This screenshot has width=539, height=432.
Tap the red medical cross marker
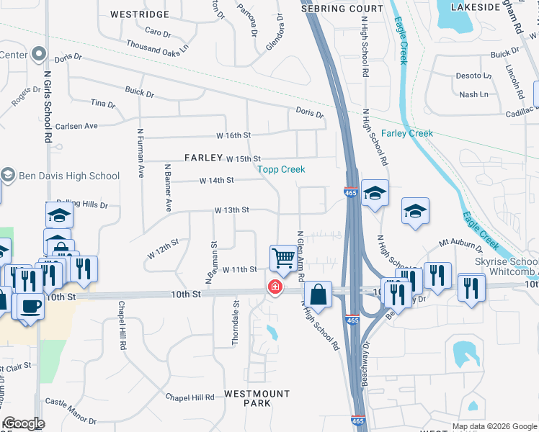pyautogui.click(x=275, y=287)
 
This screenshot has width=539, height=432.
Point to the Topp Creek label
pyautogui.click(x=282, y=169)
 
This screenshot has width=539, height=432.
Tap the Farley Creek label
pyautogui.click(x=407, y=133)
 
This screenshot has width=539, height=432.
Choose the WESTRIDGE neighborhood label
pyautogui.click(x=140, y=14)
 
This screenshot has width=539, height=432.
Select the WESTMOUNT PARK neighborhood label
pyautogui.click(x=247, y=398)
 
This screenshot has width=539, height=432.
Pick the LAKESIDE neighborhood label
pyautogui.click(x=475, y=6)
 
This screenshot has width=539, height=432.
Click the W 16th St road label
pyautogui.click(x=233, y=135)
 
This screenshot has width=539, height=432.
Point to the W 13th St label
pyautogui.click(x=231, y=210)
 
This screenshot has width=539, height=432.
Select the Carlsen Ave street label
pyautogui.click(x=76, y=125)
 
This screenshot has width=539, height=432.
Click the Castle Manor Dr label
pyautogui.click(x=71, y=410)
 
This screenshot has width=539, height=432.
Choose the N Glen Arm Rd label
pyautogui.click(x=300, y=256)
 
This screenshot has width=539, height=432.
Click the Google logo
pyautogui.click(x=24, y=424)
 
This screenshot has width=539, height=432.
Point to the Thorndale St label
pyautogui.click(x=236, y=321)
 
